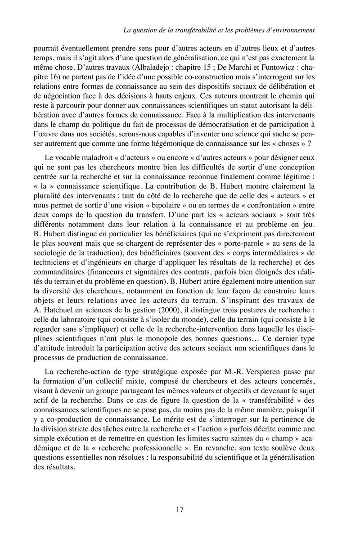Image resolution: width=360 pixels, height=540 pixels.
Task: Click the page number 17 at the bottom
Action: (180, 510)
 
